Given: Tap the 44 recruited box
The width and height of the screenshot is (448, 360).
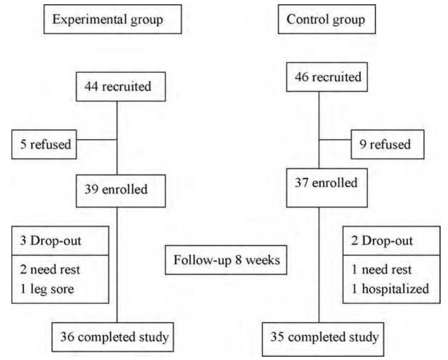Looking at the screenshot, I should (117, 87).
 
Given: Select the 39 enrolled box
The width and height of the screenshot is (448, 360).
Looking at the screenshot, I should (117, 189).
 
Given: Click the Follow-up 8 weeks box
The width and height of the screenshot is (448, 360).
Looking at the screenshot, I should (226, 260).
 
